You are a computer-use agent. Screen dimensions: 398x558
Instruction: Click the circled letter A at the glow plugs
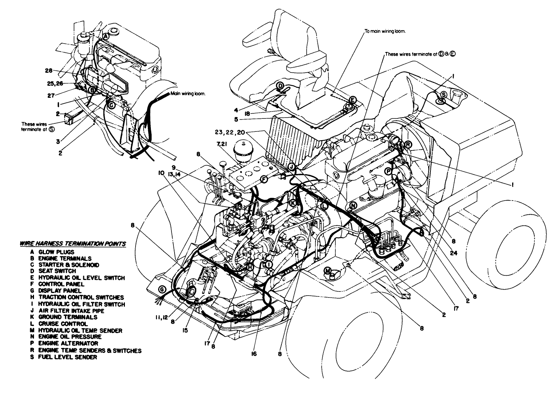(106, 36)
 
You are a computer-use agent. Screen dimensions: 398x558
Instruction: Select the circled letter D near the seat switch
(280, 86)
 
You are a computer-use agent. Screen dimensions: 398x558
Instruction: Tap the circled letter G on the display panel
(162, 290)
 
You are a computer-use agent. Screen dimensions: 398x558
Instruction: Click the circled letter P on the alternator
(388, 172)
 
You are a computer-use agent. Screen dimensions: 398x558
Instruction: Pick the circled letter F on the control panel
(263, 179)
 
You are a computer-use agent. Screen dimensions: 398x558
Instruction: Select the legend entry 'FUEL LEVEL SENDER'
(67, 357)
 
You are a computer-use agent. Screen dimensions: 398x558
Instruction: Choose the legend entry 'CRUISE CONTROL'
(63, 324)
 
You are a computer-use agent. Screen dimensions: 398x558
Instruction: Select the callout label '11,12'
(161, 317)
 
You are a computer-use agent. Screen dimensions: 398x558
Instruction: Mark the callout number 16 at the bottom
(254, 354)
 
